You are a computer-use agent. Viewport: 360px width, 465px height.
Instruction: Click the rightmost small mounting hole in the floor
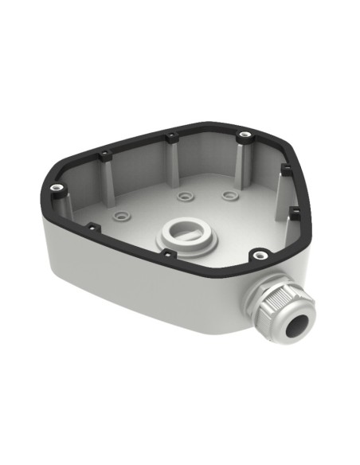(229, 193)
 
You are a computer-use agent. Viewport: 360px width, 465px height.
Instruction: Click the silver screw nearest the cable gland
(258, 256)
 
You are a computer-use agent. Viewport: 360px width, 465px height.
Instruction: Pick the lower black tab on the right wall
(294, 211)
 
